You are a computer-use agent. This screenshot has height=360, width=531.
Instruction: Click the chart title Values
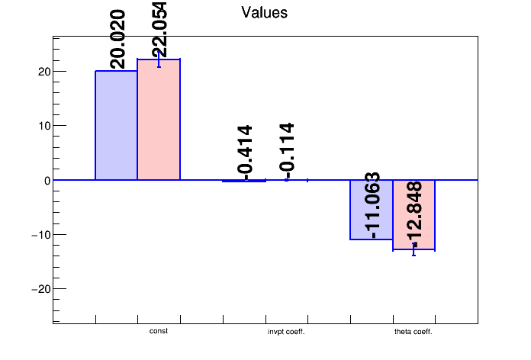click(x=264, y=13)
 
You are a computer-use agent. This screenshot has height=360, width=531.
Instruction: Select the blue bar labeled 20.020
click(x=116, y=126)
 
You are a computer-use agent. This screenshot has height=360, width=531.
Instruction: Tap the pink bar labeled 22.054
click(x=159, y=120)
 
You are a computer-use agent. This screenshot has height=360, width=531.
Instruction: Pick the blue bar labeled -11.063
click(x=371, y=210)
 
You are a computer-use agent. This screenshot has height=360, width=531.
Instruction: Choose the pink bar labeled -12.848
click(x=414, y=215)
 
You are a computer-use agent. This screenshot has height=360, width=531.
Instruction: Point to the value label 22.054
click(x=159, y=30)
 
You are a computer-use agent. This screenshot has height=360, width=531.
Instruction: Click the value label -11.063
click(x=372, y=206)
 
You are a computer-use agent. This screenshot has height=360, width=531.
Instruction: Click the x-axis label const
click(x=159, y=331)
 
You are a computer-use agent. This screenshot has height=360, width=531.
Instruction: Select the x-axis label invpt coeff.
click(x=286, y=332)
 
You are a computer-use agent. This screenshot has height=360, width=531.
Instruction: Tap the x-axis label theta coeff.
click(x=414, y=332)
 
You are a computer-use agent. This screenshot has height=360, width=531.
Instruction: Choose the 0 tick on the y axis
click(x=43, y=180)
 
